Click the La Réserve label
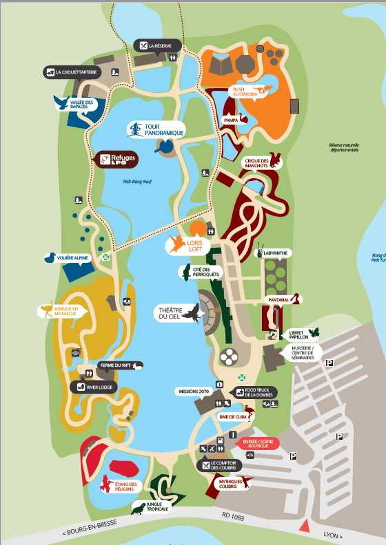(x=159, y=45)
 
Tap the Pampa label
(x=231, y=120)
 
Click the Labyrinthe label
(x=274, y=253)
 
